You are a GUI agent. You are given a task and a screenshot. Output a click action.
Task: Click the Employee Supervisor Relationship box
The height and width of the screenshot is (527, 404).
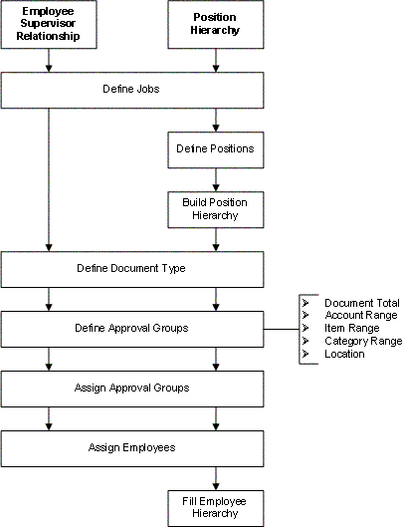[49, 25]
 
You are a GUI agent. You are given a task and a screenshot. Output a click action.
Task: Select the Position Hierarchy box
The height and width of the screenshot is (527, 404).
[215, 25]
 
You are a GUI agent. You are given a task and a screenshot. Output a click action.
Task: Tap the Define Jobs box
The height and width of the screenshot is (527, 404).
[132, 90]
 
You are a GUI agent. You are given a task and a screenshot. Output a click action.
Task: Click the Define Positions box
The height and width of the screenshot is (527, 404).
[215, 148]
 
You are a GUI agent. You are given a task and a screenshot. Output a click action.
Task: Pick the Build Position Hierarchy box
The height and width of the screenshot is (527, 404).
[215, 208]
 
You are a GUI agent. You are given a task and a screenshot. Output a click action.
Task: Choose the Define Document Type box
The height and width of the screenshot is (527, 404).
[132, 268]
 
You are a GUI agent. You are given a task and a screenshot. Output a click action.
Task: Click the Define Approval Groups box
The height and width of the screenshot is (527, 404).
[132, 328]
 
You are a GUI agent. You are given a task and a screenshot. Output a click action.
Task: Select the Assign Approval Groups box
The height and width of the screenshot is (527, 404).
[132, 388]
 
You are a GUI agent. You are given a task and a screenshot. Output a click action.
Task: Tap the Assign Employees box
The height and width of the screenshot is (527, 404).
[132, 447]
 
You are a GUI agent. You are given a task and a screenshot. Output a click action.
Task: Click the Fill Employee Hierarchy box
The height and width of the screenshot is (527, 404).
[215, 507]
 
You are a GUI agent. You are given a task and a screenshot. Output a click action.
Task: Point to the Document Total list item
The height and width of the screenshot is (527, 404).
[361, 303]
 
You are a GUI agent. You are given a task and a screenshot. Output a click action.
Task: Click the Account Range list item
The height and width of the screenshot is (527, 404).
[360, 315]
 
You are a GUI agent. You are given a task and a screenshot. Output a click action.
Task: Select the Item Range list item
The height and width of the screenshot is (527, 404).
[351, 328]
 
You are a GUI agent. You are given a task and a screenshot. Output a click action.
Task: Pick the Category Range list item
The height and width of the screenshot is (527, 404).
[362, 341]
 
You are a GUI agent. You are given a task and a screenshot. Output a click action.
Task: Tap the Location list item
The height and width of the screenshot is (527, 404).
[344, 354]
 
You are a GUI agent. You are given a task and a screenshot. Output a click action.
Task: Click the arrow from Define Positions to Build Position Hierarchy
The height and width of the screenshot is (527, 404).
[215, 178]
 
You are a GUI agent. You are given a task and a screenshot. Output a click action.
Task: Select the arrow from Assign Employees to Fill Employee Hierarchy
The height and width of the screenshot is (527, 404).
[215, 477]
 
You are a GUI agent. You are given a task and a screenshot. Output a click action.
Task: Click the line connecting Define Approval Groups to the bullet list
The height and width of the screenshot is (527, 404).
[281, 328]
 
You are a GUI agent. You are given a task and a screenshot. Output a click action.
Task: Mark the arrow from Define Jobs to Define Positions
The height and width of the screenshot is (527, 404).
[215, 119]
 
